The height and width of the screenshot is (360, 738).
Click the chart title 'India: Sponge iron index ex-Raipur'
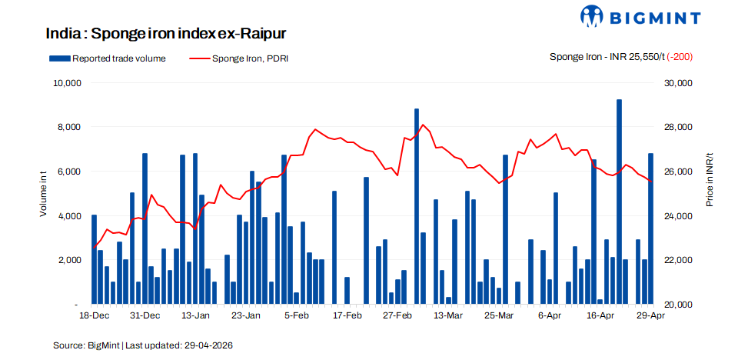click(166, 34)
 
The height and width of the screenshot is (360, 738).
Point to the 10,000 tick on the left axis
click(68, 82)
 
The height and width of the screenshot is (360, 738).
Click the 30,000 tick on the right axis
click(679, 82)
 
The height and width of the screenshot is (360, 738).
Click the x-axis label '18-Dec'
click(95, 315)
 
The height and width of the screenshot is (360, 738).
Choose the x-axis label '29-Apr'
click(650, 315)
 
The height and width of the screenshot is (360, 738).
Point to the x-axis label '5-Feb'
click(297, 315)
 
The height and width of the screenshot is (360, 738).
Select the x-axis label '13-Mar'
click(448, 315)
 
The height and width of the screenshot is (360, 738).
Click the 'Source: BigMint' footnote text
click(142, 345)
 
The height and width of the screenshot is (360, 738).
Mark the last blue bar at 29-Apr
click(651, 228)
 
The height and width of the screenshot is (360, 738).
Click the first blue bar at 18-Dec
click(95, 259)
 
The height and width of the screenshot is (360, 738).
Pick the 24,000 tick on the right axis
click(679, 215)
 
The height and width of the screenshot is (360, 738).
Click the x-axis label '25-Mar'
click(499, 315)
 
